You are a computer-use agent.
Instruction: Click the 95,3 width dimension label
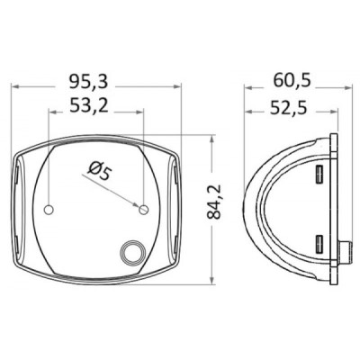97,81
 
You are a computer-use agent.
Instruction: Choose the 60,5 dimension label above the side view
292,81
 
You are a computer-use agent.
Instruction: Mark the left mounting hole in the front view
50,210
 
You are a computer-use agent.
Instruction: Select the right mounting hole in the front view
143,210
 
